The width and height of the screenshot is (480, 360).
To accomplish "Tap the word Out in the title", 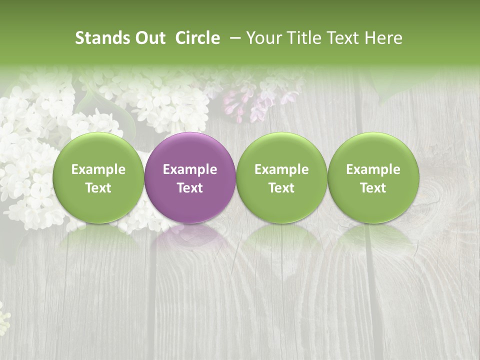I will [149, 38].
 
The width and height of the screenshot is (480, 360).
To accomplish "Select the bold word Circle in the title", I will [197, 38].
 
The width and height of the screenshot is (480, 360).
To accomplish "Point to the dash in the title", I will [233, 38].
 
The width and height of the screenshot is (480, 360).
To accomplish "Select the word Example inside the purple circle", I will [190, 169].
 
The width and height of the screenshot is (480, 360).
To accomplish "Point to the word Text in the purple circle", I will [190, 188].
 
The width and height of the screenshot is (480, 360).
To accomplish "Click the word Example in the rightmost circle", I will [373, 169].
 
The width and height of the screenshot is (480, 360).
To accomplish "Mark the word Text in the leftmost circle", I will [98, 188].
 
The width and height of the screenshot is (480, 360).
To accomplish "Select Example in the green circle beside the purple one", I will [281, 169].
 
